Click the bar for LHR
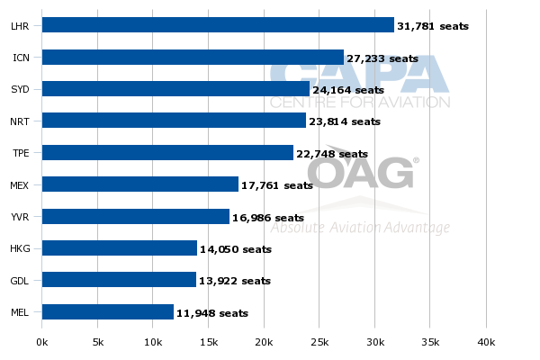click(x=218, y=25)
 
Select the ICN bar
click(x=193, y=58)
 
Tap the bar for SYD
click(x=175, y=89)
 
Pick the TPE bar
click(x=167, y=153)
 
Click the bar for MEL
click(x=108, y=312)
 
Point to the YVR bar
click(x=136, y=217)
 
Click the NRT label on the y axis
click(x=20, y=121)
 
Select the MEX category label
click(x=20, y=185)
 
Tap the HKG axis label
click(x=20, y=249)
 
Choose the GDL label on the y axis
click(x=20, y=281)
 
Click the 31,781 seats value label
click(x=433, y=26)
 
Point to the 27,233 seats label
click(x=382, y=58)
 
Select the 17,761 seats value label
click(x=277, y=185)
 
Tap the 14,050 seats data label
click(x=236, y=249)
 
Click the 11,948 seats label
click(x=211, y=313)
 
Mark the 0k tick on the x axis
click(x=42, y=342)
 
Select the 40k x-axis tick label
click(x=486, y=342)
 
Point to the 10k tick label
click(x=153, y=342)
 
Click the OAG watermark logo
click(x=360, y=171)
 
